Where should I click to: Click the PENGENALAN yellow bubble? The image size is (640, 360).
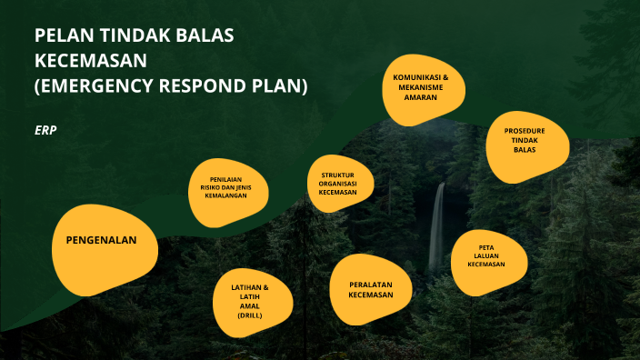pos(100,242)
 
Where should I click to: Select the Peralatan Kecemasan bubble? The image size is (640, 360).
pos(371,289)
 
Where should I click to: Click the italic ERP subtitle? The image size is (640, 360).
pos(45,131)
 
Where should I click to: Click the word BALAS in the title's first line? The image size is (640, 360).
pos(204,36)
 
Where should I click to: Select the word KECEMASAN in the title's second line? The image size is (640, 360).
pos(90,61)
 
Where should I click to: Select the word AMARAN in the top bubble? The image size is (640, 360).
pos(421,97)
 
